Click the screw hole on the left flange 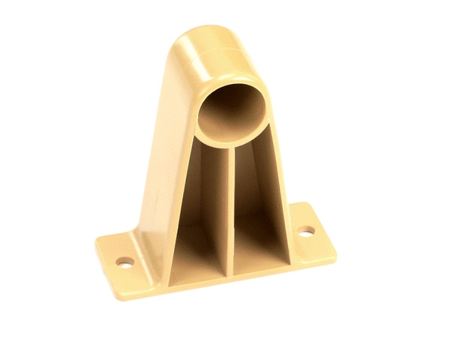point(124,262)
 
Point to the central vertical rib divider point(229,210)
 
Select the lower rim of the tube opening point(229,141)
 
